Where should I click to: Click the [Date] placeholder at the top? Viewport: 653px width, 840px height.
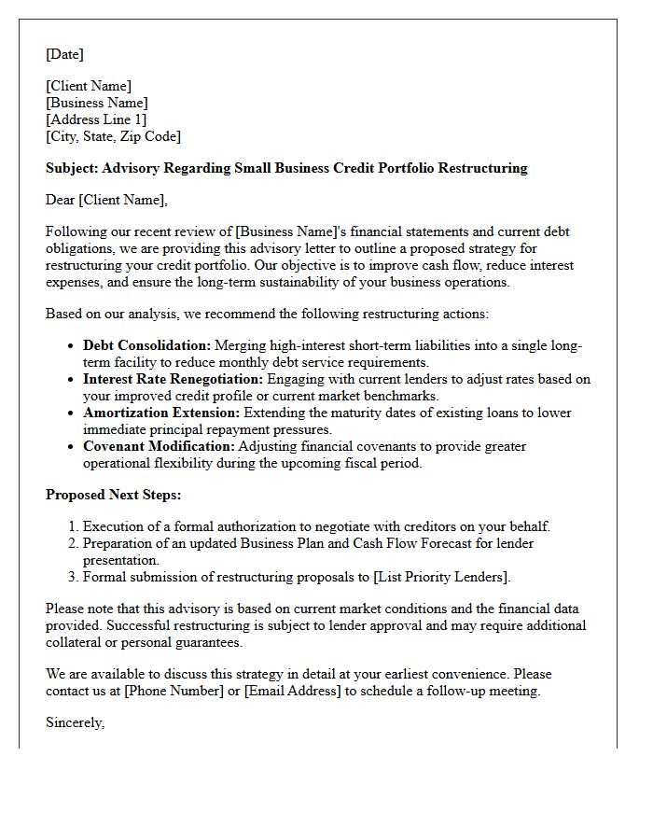[64, 54]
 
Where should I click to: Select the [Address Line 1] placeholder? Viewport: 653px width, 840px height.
[96, 119]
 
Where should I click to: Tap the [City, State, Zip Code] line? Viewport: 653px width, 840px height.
[113, 136]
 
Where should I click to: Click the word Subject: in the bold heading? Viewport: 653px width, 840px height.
[72, 168]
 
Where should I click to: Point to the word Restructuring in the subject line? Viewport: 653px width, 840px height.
[482, 168]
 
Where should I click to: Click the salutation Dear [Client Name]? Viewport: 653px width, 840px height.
[106, 199]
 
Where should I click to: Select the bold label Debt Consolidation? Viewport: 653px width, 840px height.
[146, 345]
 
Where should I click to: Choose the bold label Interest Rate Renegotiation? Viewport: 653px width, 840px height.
[173, 379]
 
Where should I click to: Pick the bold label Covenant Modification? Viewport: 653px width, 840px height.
[159, 446]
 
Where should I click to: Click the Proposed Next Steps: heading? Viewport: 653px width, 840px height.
[113, 495]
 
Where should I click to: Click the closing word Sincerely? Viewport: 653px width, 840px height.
[76, 722]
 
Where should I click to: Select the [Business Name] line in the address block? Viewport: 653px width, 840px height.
[97, 103]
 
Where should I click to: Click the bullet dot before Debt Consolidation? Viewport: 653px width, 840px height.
[72, 346]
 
